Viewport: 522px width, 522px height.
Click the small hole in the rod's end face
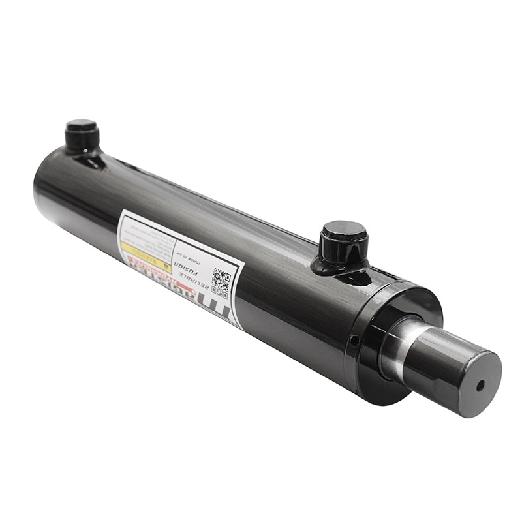480,385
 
